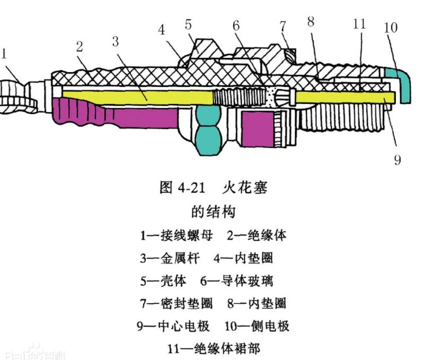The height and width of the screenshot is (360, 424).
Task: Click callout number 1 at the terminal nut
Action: click(4, 53)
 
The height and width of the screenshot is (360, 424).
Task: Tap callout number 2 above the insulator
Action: click(79, 47)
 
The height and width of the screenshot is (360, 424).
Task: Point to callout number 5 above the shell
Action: click(189, 24)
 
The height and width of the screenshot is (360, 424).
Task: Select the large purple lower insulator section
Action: click(106, 114)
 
